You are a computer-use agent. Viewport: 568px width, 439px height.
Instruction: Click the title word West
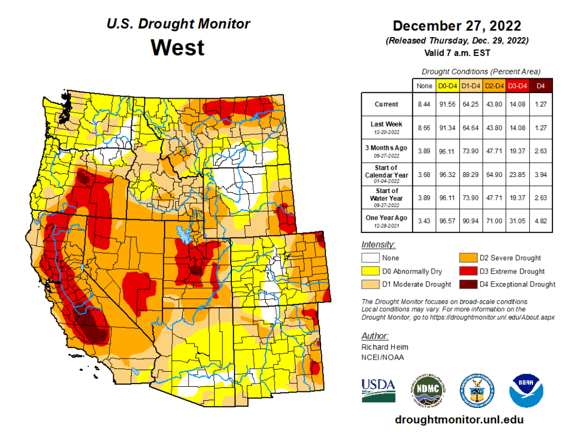pos(177,47)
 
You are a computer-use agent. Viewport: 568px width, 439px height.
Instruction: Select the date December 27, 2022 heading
pos(457,27)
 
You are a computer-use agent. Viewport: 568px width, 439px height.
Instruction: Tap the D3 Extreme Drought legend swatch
pos(466,271)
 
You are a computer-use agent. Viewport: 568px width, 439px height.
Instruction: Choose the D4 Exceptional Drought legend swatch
pos(466,284)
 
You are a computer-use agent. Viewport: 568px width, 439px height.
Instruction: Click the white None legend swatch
pos(371,258)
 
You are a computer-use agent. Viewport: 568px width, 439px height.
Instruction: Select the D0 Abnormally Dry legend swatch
pos(371,271)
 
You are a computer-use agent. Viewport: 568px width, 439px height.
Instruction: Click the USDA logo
pos(378,389)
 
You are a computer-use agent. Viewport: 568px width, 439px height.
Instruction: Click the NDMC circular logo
pos(428,389)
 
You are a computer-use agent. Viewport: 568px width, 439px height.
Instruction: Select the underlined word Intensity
pos(378,244)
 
